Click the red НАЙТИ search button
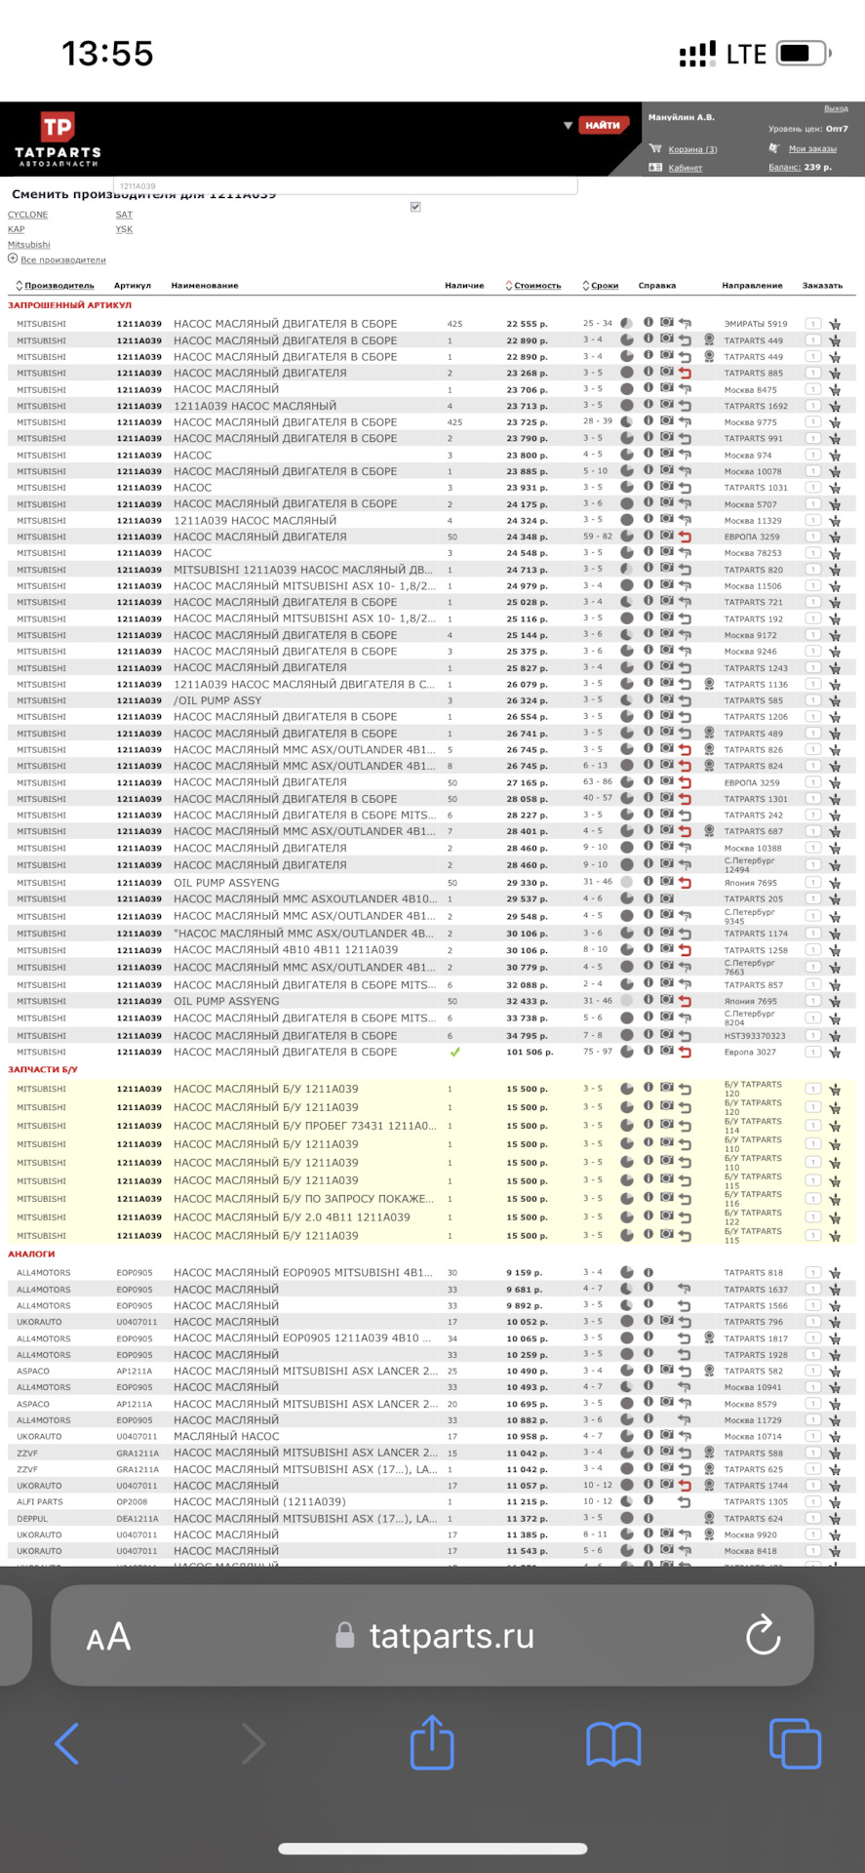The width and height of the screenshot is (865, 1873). [x=603, y=125]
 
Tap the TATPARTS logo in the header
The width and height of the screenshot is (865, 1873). [x=58, y=139]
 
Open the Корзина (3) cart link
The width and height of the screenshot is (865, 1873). [x=692, y=149]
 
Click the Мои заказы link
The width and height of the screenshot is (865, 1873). [x=812, y=149]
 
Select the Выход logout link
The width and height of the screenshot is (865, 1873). [x=836, y=109]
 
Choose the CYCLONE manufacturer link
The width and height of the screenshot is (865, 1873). [x=27, y=215]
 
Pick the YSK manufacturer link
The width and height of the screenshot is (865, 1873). [x=124, y=230]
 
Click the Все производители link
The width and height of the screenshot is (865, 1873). [x=62, y=260]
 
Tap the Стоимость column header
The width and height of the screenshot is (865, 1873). [x=537, y=286]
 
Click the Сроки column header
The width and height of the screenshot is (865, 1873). [x=605, y=286]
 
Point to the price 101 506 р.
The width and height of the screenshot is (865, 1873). [x=530, y=1053]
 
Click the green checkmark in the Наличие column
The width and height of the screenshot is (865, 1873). [x=454, y=1053]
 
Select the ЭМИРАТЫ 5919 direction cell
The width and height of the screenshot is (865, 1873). [x=755, y=324]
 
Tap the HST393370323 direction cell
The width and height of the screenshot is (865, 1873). [x=754, y=1036]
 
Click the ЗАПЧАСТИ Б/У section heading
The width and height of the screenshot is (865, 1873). [x=43, y=1070]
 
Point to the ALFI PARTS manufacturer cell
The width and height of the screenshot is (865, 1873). [x=39, y=1502]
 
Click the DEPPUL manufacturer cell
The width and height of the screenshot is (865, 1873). [x=31, y=1519]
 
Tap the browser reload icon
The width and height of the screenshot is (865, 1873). [x=763, y=1636]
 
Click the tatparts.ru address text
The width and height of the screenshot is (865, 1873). [x=452, y=1636]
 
